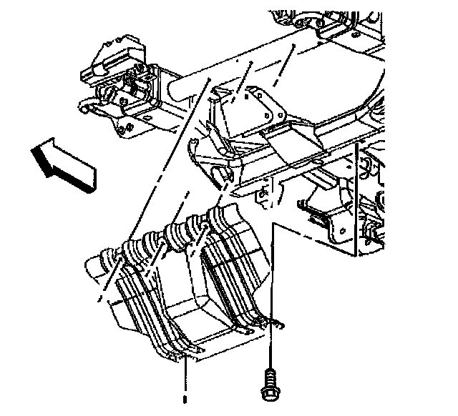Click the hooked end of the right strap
(275, 328)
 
